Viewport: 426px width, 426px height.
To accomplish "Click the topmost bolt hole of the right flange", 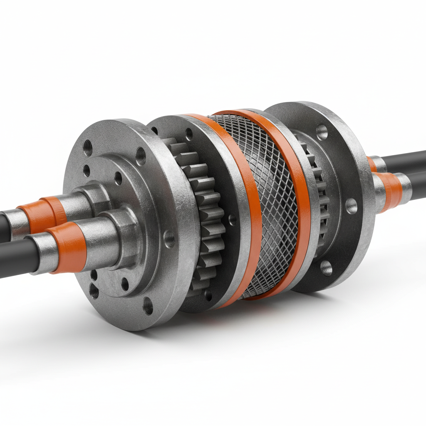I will coord(322,132).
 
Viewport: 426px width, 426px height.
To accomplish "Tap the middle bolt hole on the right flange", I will coord(352,206).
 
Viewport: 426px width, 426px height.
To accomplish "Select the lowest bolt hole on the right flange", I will coord(327,268).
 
